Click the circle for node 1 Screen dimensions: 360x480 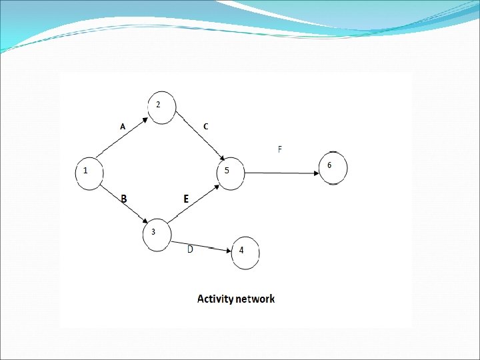pos(89,173)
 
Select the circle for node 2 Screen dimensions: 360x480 pos(162,108)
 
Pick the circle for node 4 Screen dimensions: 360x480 pos(245,253)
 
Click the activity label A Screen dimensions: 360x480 pos(122,126)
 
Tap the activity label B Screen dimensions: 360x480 pos(123,199)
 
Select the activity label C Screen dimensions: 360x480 pos(205,126)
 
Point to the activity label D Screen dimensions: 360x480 pos(190,249)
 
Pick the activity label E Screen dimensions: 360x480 pos(186,199)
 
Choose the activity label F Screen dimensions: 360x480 pos(279,149)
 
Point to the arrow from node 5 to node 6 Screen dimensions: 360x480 pos(283,174)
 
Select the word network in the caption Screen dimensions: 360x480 pos(257,299)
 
